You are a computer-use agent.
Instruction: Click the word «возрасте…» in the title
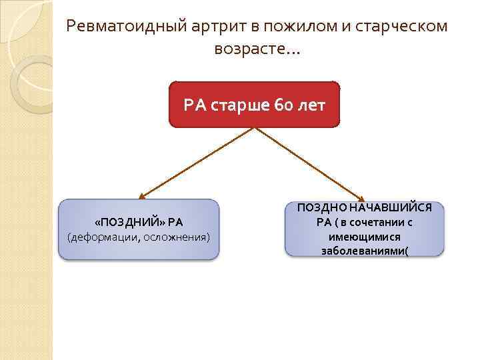tap(257, 49)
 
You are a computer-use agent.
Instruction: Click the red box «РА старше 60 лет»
tap(255, 104)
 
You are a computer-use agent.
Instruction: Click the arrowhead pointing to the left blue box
tap(141, 197)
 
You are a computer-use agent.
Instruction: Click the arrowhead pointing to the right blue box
tap(361, 197)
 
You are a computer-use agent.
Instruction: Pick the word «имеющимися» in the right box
tap(365, 237)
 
